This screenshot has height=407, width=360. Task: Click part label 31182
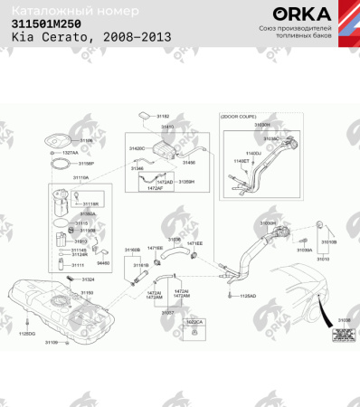point(163,117)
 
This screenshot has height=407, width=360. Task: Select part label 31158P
point(86,164)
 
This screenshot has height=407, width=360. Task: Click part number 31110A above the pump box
point(81,178)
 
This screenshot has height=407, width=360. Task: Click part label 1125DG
point(26,334)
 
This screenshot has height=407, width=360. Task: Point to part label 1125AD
point(248,296)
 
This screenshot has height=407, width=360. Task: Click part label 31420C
point(137,147)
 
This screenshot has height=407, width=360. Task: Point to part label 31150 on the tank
point(87,293)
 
